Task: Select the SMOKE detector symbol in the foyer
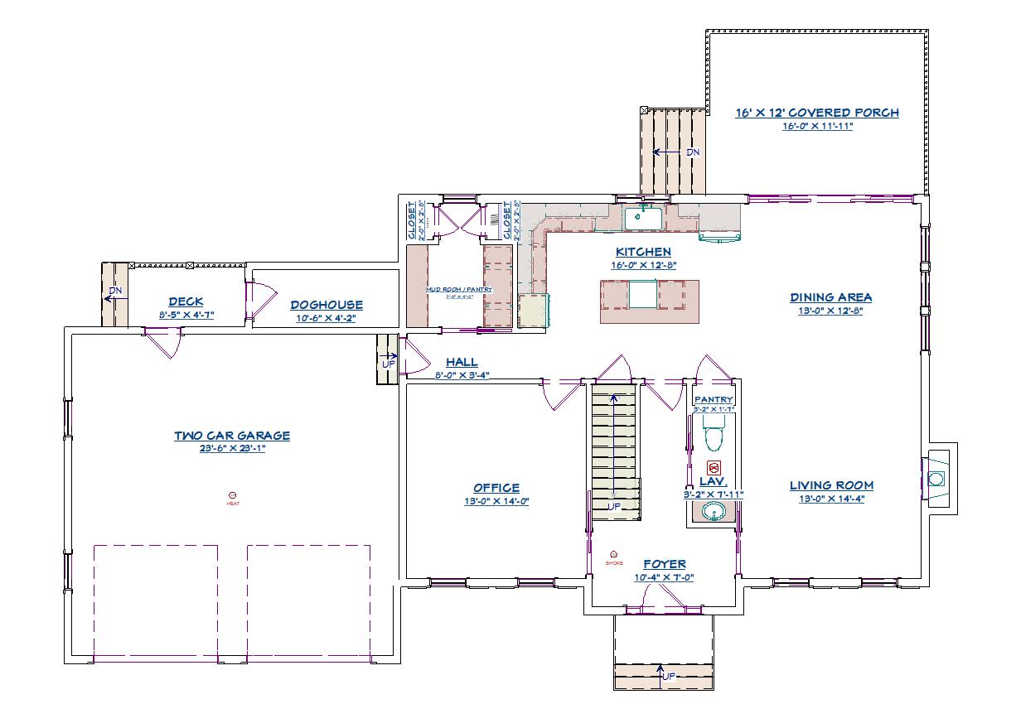[613, 555]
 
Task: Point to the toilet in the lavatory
[714, 436]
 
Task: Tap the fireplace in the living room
[936, 479]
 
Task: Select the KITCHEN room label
[642, 252]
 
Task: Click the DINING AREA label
[830, 297]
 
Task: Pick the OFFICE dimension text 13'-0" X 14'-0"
[496, 501]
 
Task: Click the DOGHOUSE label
[326, 305]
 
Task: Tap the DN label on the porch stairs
[693, 152]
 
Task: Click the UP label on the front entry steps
[668, 676]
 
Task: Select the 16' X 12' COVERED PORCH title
[816, 113]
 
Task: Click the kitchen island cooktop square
[642, 294]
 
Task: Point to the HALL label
[462, 362]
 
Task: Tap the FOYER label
[664, 564]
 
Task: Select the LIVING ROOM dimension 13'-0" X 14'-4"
[830, 499]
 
